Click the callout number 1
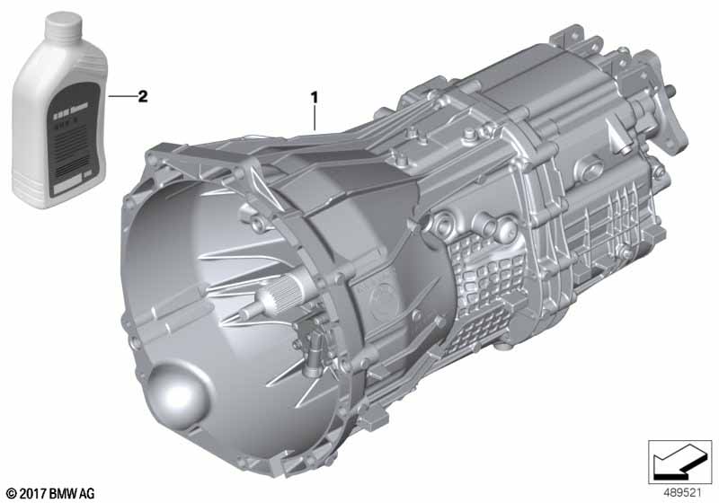315,93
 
